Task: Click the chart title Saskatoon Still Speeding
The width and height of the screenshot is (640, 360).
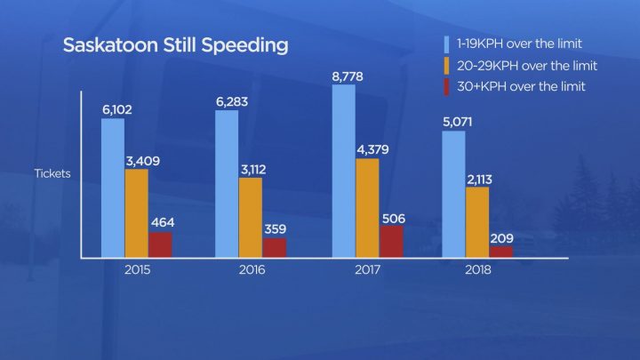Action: [x=174, y=45]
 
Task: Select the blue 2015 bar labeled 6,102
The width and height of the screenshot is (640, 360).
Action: [x=113, y=188]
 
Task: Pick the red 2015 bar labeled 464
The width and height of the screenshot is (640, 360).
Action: [x=161, y=244]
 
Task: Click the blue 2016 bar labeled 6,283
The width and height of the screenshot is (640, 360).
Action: [x=227, y=184]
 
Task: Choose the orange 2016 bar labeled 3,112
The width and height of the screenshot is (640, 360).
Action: [x=251, y=217]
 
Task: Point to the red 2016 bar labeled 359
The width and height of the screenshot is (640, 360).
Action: [x=275, y=247]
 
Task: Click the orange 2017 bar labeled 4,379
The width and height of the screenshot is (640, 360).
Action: [x=367, y=208]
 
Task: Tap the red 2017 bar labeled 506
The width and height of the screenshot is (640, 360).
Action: [x=391, y=241]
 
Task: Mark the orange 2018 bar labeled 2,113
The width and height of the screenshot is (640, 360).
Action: [x=477, y=222]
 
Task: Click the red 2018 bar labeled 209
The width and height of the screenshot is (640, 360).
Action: [x=501, y=252]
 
